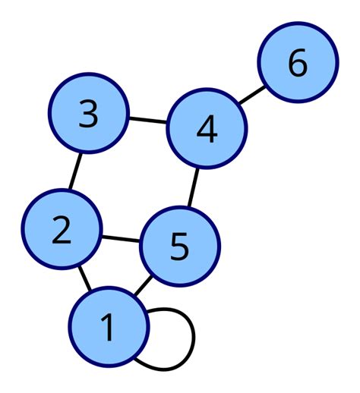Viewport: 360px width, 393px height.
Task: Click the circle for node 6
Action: click(x=298, y=64)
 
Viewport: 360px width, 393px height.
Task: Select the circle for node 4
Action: click(x=206, y=130)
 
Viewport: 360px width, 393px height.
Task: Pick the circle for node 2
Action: click(x=62, y=228)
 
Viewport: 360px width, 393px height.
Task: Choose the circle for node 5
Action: click(x=180, y=247)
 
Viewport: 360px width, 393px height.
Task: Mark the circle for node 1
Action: click(x=109, y=326)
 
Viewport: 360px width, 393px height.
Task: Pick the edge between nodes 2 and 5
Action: click(x=121, y=237)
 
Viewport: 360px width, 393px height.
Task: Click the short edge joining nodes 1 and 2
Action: click(x=85, y=278)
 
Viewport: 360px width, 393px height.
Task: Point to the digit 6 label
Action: click(x=298, y=64)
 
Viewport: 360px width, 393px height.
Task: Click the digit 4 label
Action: click(x=206, y=130)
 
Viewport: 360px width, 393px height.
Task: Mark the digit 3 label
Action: click(x=89, y=114)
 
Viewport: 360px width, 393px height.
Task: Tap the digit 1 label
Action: click(x=108, y=327)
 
